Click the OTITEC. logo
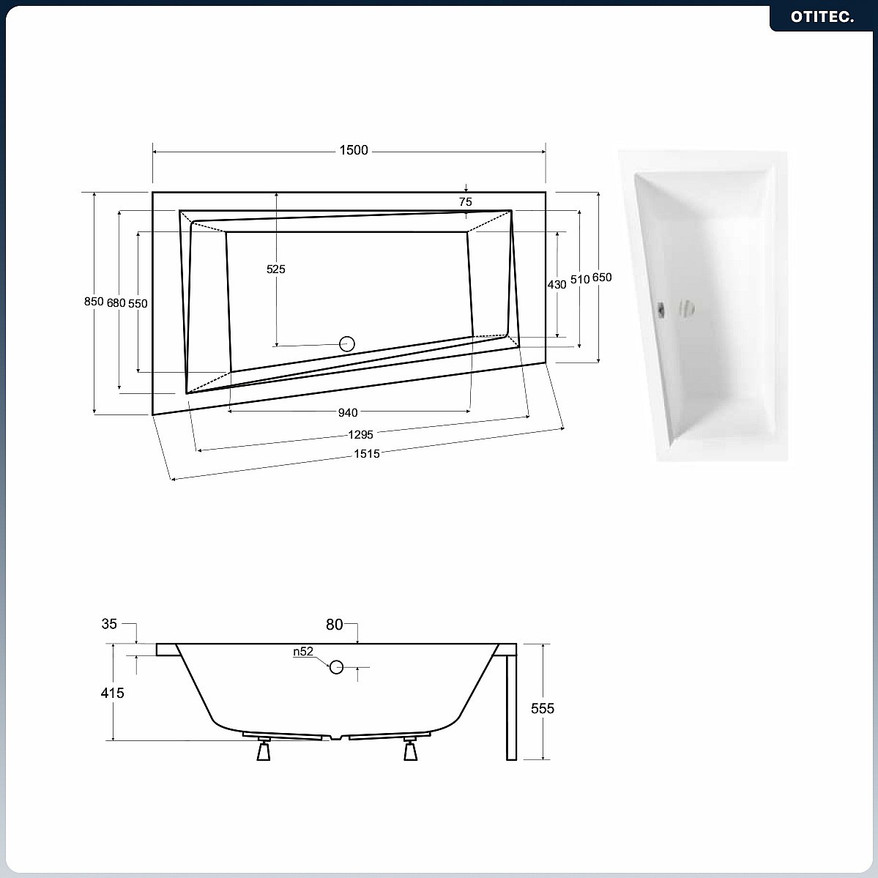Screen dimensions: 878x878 point(822,17)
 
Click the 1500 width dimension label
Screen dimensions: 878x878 point(354,150)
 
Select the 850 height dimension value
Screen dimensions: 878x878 point(94,301)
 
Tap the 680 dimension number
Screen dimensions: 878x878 point(116,303)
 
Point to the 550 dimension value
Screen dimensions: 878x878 point(138,303)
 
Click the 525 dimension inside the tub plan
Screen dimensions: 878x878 point(275,269)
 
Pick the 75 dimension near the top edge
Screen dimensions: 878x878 point(465,201)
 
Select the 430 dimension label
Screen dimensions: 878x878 point(557,284)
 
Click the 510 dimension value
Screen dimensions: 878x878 point(580,279)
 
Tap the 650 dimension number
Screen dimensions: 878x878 point(602,278)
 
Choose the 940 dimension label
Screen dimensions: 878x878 point(348,413)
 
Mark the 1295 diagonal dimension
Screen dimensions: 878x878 point(360,434)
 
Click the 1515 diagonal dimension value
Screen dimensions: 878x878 point(367,453)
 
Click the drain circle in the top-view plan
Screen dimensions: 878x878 point(347,344)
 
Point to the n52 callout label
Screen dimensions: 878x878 point(303,651)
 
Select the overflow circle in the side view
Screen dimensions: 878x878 point(336,667)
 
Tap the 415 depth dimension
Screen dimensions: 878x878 point(112,693)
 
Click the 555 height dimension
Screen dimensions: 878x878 point(543,708)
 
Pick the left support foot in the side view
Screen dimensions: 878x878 point(264,749)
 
